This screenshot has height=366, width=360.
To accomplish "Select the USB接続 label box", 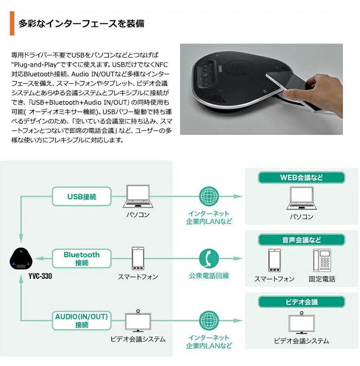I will (82, 196).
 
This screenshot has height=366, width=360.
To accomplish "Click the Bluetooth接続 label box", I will (82, 259).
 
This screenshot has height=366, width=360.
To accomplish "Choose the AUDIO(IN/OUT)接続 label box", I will (82, 321).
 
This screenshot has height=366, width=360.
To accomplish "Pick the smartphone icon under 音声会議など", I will (274, 260).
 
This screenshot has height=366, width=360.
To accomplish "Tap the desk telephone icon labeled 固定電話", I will (322, 260).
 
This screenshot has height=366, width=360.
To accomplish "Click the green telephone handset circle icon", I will (209, 258).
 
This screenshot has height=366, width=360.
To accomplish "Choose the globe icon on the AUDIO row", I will (208, 320).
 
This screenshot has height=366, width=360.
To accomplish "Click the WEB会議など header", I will (301, 178).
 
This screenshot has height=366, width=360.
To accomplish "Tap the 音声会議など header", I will (301, 240).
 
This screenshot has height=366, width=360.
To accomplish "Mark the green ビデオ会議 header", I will (301, 302).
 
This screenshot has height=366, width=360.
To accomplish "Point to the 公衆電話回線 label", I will (209, 276).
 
